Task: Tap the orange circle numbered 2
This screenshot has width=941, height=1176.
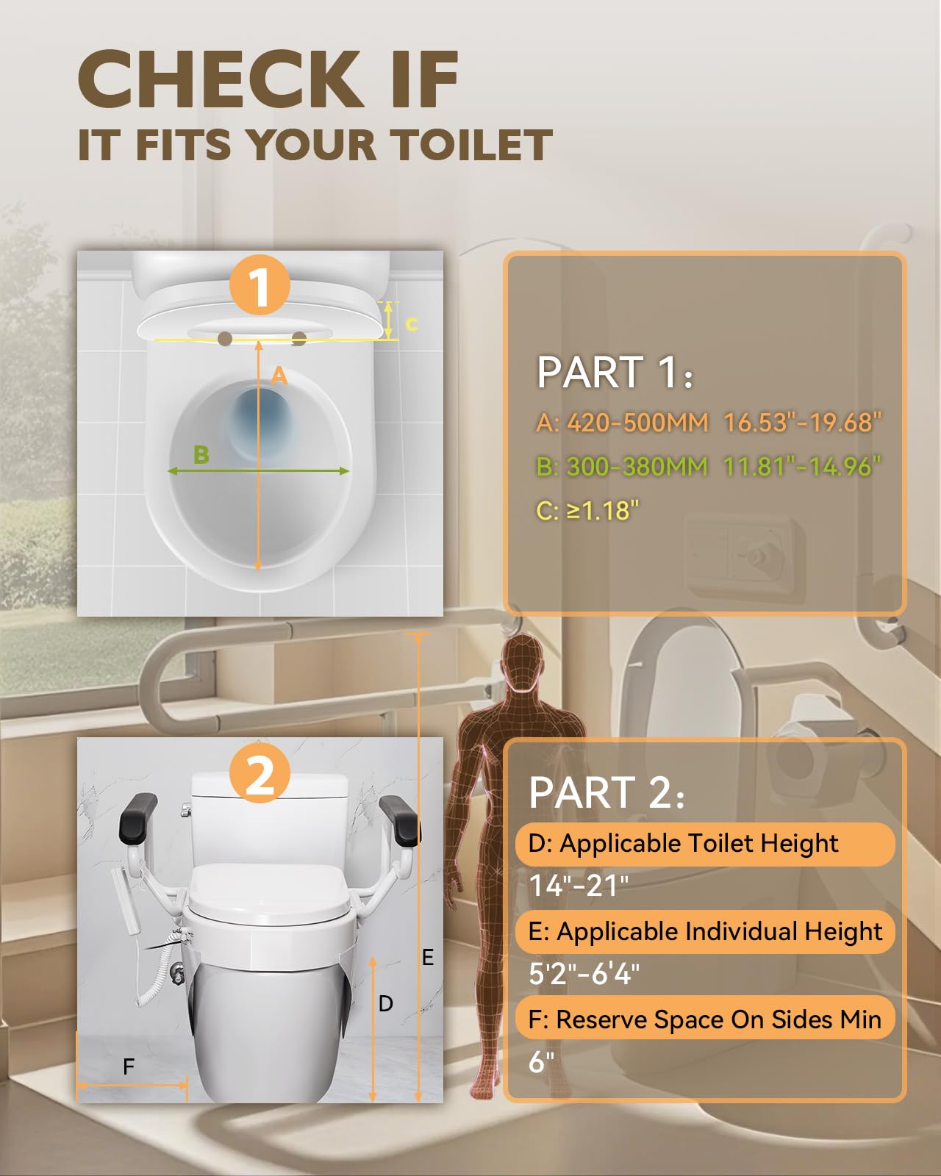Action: click(260, 775)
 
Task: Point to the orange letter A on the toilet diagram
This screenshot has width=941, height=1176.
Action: click(279, 376)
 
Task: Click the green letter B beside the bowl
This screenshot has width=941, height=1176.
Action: click(201, 455)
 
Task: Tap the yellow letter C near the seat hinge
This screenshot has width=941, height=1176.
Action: click(412, 323)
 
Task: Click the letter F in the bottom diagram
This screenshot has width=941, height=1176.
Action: click(129, 1066)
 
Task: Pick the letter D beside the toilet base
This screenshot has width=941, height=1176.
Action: click(386, 1004)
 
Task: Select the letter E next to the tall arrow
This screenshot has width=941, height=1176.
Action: click(428, 958)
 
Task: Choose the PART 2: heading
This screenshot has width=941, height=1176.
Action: click(607, 792)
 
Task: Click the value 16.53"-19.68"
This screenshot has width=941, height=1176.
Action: click(802, 423)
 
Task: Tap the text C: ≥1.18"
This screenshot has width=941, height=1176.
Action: click(587, 510)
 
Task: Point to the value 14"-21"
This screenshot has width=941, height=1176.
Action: click(579, 886)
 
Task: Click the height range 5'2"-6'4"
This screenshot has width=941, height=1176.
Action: click(584, 974)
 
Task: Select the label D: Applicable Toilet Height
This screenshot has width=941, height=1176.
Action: click(683, 843)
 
